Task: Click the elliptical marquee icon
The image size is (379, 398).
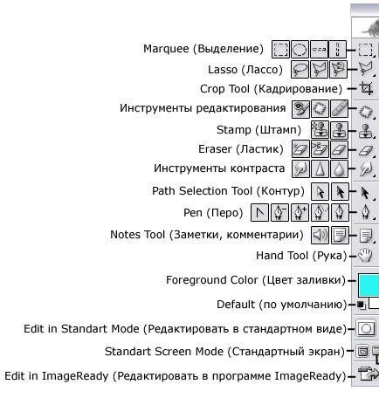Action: [300, 50]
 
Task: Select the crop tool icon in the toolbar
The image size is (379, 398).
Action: [366, 88]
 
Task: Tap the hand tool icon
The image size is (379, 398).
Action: [365, 256]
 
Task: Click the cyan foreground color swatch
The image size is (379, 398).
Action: [369, 285]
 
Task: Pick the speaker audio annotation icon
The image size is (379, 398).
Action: [320, 235]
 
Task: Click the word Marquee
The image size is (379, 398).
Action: [166, 49]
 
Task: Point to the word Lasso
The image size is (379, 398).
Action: [223, 70]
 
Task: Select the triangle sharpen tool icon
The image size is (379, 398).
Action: [320, 169]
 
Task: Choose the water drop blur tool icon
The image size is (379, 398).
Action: [339, 169]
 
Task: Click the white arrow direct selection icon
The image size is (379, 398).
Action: [320, 192]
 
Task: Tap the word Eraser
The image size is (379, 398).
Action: [215, 149]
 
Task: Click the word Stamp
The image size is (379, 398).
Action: [234, 130]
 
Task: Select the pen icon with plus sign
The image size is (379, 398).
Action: [300, 213]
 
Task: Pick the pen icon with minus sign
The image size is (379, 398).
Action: [279, 213]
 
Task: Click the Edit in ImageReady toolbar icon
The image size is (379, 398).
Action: [368, 374]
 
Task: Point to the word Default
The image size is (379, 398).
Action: [236, 305]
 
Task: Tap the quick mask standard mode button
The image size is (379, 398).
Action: [366, 329]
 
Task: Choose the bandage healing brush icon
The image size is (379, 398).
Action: [339, 108]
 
